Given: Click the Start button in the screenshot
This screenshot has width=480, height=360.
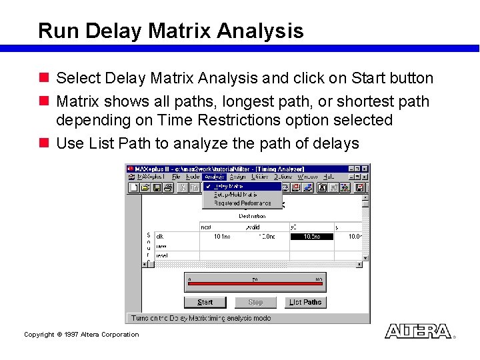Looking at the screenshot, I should point(205,302).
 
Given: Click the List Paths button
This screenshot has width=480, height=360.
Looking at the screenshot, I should point(305,302).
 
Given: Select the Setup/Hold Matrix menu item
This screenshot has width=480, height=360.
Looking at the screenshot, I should point(231,195).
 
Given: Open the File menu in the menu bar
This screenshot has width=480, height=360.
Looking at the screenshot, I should point(176,177).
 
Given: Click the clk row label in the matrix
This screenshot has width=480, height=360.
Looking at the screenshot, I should point(160,237).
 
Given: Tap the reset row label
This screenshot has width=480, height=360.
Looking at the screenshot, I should point(161,255).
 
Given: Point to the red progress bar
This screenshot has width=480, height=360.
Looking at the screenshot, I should point(255,284).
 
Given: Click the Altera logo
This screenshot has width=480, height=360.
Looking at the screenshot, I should point(418,331).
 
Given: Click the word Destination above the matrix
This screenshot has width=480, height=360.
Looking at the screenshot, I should point(252,216).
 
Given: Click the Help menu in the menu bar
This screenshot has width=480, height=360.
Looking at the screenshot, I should point(329,177).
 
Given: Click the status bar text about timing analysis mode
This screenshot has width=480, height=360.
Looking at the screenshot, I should point(201,318).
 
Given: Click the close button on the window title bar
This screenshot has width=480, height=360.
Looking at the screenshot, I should point(365,169).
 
